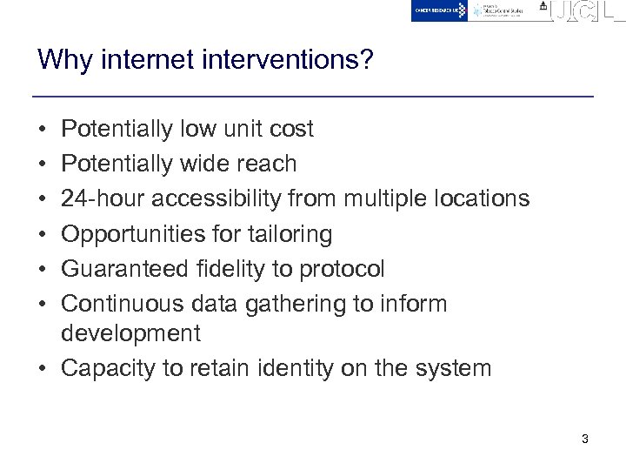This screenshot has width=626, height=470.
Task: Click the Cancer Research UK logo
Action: (x=439, y=10)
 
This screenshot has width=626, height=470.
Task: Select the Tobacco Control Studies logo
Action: (x=504, y=10)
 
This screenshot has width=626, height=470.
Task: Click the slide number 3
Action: (x=584, y=439)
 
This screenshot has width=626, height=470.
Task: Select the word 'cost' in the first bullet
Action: (x=291, y=129)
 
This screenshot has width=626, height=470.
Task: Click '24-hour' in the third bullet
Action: (x=103, y=198)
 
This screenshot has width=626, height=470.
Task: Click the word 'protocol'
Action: (x=342, y=269)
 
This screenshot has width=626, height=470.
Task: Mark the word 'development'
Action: (x=130, y=333)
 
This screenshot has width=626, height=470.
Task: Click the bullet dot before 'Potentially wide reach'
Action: (x=42, y=164)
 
